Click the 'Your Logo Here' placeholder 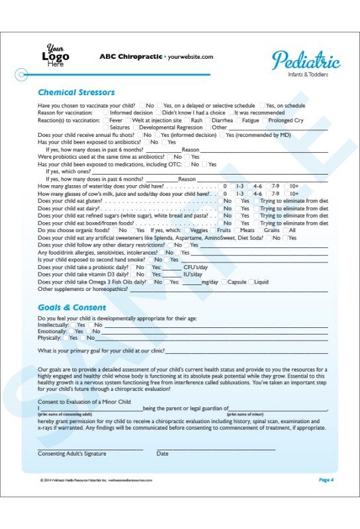56,56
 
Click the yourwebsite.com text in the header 191,57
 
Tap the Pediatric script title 306,61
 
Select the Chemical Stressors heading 76,93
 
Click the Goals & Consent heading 71,307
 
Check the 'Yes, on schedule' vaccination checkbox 262,106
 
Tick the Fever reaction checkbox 106,120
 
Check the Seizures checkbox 106,128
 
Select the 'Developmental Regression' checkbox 136,128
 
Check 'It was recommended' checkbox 231,113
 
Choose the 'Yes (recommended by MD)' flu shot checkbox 222,135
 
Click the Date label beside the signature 162,454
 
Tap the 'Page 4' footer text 326,479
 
